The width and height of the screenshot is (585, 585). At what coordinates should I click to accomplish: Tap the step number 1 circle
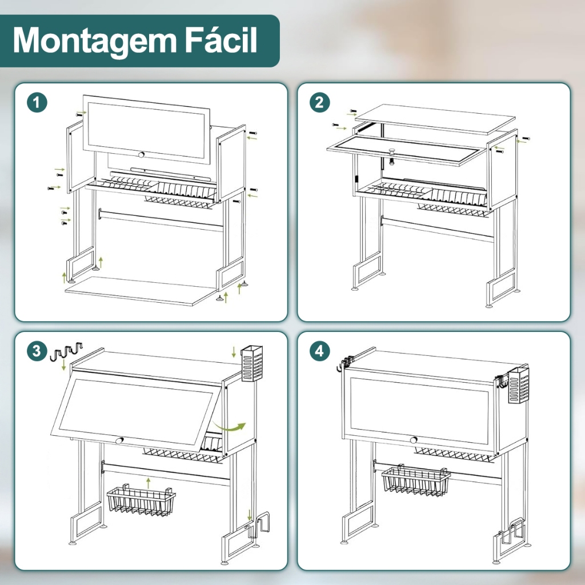(37, 103)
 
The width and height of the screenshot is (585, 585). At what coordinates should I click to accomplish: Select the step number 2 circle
(320, 103)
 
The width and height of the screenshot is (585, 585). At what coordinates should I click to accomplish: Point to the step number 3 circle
(37, 351)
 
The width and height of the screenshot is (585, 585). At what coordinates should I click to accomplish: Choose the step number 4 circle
(320, 351)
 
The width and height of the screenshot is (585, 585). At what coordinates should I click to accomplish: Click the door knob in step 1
(141, 154)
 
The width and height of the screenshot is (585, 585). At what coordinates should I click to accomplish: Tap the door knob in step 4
(414, 440)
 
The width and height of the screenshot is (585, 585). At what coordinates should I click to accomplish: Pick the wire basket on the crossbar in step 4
(416, 480)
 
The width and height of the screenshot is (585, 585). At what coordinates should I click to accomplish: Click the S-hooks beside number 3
(66, 351)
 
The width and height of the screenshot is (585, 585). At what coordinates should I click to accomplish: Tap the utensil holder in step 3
(252, 364)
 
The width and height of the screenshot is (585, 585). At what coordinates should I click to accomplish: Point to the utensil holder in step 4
(519, 386)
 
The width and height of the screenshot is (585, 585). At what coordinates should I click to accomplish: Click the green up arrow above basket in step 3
(149, 482)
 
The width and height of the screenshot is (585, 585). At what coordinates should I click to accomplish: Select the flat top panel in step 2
(435, 119)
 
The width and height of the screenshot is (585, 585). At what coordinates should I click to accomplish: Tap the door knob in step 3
(119, 440)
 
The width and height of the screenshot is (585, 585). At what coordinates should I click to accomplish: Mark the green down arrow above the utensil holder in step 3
(234, 352)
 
